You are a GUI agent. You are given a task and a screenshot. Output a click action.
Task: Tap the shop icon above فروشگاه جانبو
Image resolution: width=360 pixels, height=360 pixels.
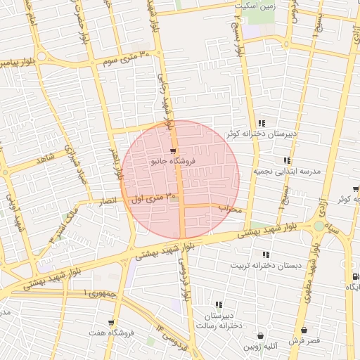click(x=173, y=150)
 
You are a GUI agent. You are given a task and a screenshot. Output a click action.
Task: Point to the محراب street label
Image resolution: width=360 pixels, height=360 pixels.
click(x=229, y=209)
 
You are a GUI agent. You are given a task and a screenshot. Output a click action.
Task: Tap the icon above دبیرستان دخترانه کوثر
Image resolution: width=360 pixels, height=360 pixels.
click(x=262, y=123)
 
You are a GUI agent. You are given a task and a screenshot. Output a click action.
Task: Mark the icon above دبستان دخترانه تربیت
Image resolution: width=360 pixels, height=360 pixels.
click(x=265, y=255)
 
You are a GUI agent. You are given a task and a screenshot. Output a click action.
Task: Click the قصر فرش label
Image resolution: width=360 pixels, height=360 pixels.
click(x=304, y=340)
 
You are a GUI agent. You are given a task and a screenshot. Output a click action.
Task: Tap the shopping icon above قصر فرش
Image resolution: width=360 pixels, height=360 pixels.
click(x=304, y=330)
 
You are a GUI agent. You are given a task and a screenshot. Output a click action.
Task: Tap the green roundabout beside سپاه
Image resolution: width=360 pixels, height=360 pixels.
click(x=320, y=226)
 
